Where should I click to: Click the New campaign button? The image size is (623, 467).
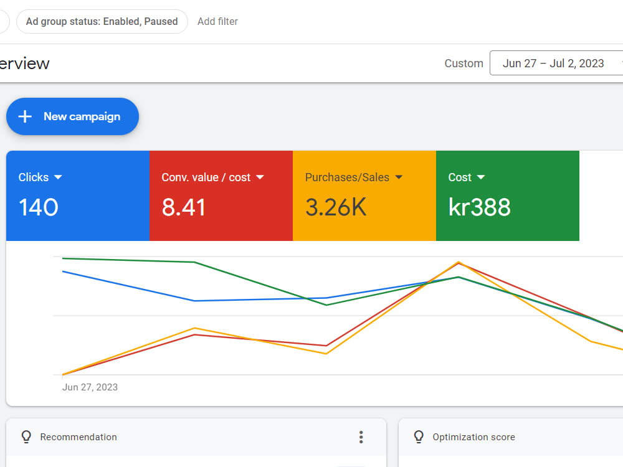click(72, 116)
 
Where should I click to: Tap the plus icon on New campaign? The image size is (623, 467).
click(25, 116)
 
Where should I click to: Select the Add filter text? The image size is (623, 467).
click(217, 21)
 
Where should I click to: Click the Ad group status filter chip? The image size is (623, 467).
click(102, 21)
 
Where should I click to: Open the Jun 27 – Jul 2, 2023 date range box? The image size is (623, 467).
click(556, 63)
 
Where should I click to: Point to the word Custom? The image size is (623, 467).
click(464, 64)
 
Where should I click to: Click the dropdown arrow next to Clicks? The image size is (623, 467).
click(58, 177)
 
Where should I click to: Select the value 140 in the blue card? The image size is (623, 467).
click(39, 207)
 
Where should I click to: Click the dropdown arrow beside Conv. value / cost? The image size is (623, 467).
click(260, 177)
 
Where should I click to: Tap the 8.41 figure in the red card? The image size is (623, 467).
click(183, 207)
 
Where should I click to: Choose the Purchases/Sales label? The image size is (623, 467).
click(347, 177)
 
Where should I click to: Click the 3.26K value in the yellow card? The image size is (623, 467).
click(336, 207)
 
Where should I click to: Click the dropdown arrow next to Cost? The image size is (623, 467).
click(481, 177)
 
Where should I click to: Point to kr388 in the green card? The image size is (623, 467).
click(480, 207)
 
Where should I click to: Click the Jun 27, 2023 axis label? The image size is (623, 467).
click(90, 387)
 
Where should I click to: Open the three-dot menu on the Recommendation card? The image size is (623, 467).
click(361, 437)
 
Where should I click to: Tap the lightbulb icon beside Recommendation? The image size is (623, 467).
click(26, 437)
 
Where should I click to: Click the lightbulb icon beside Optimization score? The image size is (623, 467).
click(419, 437)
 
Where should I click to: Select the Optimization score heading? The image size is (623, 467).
click(473, 437)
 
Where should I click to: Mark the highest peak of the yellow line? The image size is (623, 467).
click(459, 262)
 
